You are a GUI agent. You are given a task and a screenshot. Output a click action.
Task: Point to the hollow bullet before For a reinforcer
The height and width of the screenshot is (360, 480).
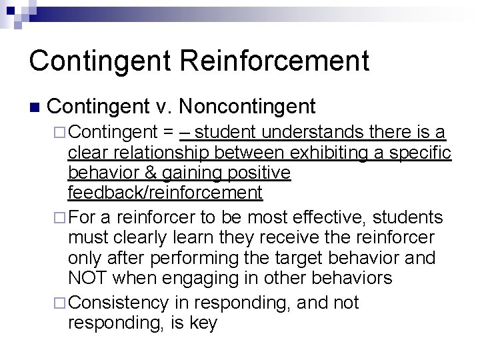(x=59, y=217)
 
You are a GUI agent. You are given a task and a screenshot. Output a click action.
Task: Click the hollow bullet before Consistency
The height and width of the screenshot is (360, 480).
(x=59, y=303)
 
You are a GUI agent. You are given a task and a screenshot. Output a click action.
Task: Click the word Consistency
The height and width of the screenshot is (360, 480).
(x=118, y=303)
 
